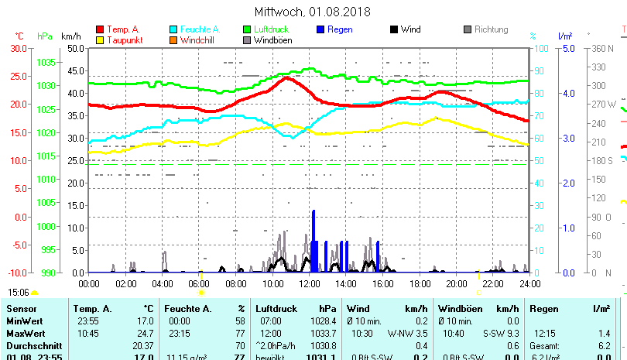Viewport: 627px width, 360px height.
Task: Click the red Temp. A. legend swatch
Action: [x=100, y=29]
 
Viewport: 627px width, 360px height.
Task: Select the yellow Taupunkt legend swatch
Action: [x=100, y=39]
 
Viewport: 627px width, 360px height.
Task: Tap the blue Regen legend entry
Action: [x=334, y=29]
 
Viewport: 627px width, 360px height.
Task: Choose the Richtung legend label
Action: [x=491, y=29]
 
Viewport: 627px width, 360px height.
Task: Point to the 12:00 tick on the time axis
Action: [x=309, y=283]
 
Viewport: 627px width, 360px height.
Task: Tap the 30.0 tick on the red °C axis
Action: [x=17, y=48]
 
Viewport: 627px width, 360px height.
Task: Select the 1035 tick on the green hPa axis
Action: [x=46, y=62]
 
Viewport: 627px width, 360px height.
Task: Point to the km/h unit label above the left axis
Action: [x=71, y=36]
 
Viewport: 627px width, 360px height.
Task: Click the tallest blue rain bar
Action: [x=313, y=240]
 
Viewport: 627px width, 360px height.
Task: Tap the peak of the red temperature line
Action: [x=287, y=77]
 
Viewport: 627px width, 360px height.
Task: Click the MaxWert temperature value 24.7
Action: [x=144, y=333]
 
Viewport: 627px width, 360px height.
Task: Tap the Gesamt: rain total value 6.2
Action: [x=605, y=345]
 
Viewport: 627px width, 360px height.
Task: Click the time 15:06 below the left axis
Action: [x=19, y=293]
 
